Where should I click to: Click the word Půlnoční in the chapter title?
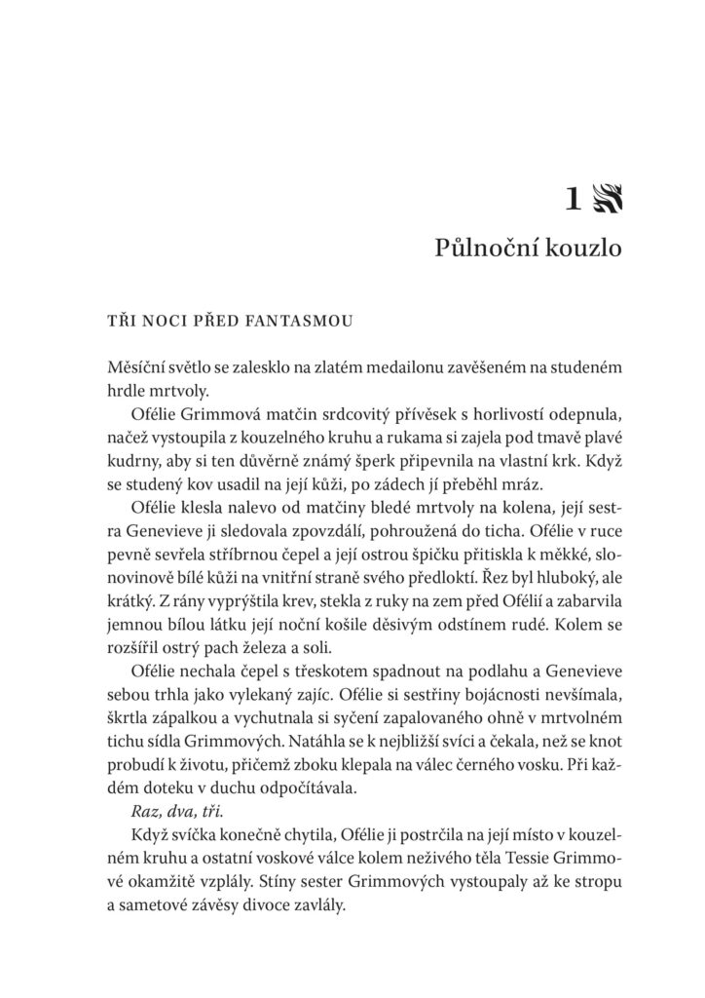point(480,249)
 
